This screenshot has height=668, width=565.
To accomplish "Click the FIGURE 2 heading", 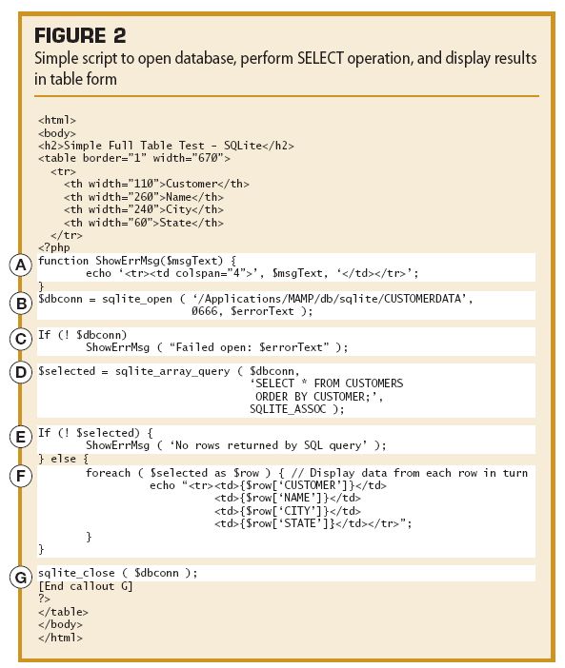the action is [80, 35].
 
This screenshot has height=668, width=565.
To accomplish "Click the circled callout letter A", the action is [20, 265].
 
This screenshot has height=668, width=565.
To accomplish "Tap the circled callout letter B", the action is [21, 304].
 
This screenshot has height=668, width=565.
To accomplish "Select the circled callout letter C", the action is [21, 339].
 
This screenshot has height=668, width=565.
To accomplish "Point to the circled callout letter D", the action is [21, 372].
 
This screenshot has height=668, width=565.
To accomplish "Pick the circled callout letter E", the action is [20, 437].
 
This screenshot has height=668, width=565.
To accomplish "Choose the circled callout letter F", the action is [21, 476].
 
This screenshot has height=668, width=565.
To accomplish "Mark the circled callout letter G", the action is [21, 578].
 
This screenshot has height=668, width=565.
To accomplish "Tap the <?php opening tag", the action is [54, 247].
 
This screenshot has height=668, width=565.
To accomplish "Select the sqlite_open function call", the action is [137, 299].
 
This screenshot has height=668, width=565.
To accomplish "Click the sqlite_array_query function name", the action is [172, 371].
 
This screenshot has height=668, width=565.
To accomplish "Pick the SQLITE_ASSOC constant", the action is [288, 409].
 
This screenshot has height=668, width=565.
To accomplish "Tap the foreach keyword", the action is [108, 473].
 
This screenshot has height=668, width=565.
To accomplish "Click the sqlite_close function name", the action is [76, 573].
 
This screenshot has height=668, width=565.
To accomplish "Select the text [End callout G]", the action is [86, 586].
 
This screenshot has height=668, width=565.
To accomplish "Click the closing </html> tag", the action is [60, 638].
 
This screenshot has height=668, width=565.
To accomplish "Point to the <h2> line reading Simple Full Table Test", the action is [166, 146].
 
